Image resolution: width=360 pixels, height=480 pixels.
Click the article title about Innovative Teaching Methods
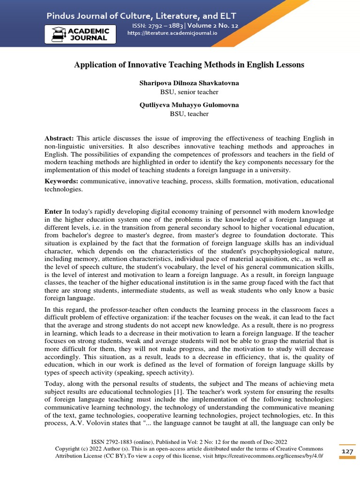(189, 65)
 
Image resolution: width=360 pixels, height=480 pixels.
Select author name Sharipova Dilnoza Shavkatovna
(189, 83)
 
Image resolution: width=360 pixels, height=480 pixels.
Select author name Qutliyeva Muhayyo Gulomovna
(189, 105)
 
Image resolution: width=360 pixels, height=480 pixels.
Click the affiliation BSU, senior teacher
(189, 92)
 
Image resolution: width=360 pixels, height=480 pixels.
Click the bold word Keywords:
(61, 181)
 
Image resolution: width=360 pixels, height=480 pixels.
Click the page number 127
(347, 451)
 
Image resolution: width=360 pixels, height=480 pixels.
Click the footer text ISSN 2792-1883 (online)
(123, 442)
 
